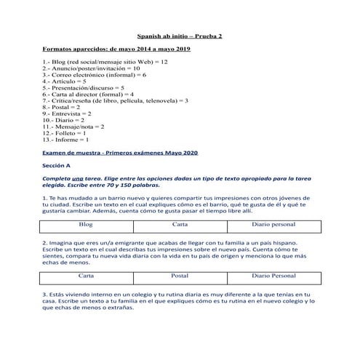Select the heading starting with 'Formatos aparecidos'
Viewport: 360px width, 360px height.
pos(116,49)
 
